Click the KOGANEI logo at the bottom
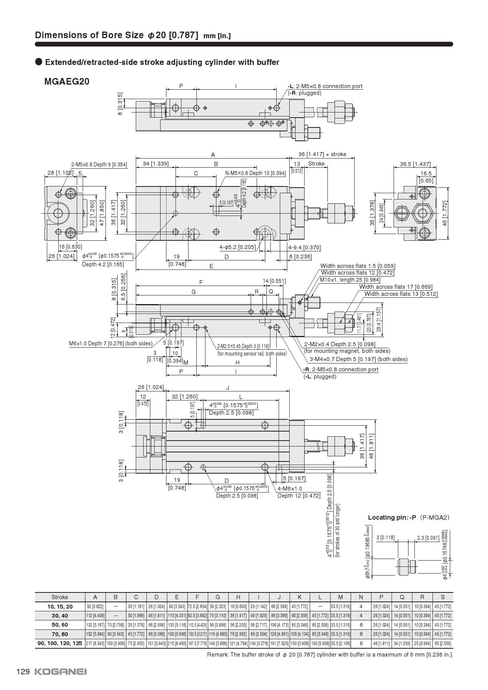click(61, 672)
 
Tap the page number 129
click(23, 672)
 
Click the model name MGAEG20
click(67, 81)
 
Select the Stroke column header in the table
click(60, 597)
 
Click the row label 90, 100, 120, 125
click(60, 643)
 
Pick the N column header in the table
click(361, 597)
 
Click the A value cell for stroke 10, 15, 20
click(95, 607)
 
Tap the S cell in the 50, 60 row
click(443, 625)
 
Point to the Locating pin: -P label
click(392, 517)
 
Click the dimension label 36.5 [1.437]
click(415, 164)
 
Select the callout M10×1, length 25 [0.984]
click(350, 280)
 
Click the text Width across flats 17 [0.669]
click(396, 287)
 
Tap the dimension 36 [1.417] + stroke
click(322, 154)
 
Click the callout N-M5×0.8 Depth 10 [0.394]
click(255, 173)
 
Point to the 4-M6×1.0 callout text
click(290, 488)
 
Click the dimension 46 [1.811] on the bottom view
click(371, 446)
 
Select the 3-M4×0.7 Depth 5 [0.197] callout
click(359, 359)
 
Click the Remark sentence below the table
click(330, 655)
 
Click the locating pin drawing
click(407, 566)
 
